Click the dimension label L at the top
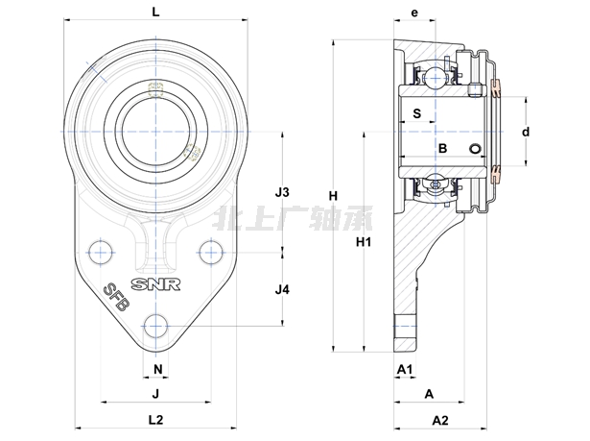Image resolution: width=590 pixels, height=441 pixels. point(157,12)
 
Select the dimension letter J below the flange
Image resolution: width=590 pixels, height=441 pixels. point(154,393)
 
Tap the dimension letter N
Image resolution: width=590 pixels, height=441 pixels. point(156,369)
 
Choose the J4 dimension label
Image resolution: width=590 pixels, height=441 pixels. point(282,289)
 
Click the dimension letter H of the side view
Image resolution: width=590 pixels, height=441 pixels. point(333,197)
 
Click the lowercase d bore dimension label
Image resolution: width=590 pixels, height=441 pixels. point(526,131)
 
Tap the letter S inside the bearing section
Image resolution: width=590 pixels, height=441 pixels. point(416,113)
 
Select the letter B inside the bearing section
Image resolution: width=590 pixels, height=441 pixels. point(442,148)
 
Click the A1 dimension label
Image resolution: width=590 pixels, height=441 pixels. point(404,369)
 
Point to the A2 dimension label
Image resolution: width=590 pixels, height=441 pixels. point(440,420)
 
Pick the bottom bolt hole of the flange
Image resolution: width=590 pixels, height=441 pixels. point(156,324)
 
